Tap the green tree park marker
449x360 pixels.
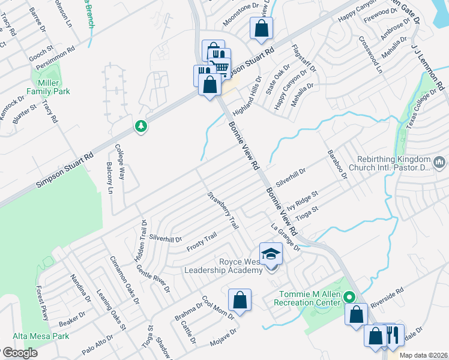pyautogui.click(x=141, y=127)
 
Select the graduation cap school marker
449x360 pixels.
pyautogui.click(x=271, y=254)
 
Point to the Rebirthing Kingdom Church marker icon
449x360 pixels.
pyautogui.click(x=439, y=162)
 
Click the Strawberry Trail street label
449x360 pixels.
pyautogui.click(x=223, y=210)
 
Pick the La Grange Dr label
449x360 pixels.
pyautogui.click(x=285, y=236)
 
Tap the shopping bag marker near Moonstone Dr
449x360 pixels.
pyautogui.click(x=262, y=28)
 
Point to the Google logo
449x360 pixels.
pyautogui.click(x=19, y=353)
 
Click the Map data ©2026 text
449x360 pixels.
pyautogui.click(x=423, y=355)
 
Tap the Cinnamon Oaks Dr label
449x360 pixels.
pyautogui.click(x=124, y=280)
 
